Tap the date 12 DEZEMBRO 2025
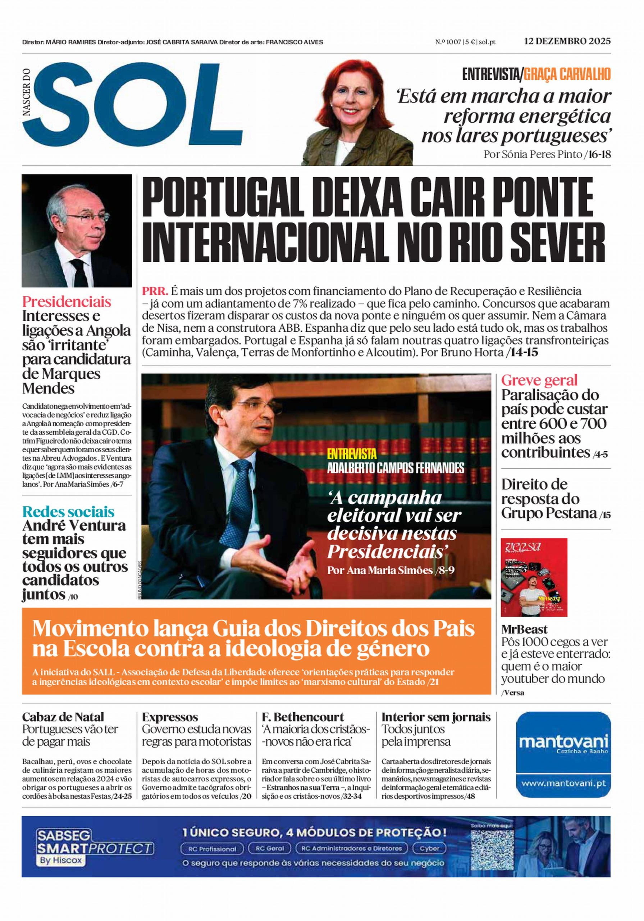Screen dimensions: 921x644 click(567, 41)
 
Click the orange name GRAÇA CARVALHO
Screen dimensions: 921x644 click(567, 74)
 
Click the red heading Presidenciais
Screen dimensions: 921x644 click(67, 301)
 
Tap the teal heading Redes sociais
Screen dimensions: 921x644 click(68, 512)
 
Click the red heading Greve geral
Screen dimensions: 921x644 click(539, 380)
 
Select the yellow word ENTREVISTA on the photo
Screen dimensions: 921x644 click(352, 454)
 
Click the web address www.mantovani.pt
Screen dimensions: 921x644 click(563, 783)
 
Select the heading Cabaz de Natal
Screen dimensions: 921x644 click(63, 717)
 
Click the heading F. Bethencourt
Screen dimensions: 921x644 click(303, 717)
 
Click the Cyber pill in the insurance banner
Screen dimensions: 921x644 click(429, 848)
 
